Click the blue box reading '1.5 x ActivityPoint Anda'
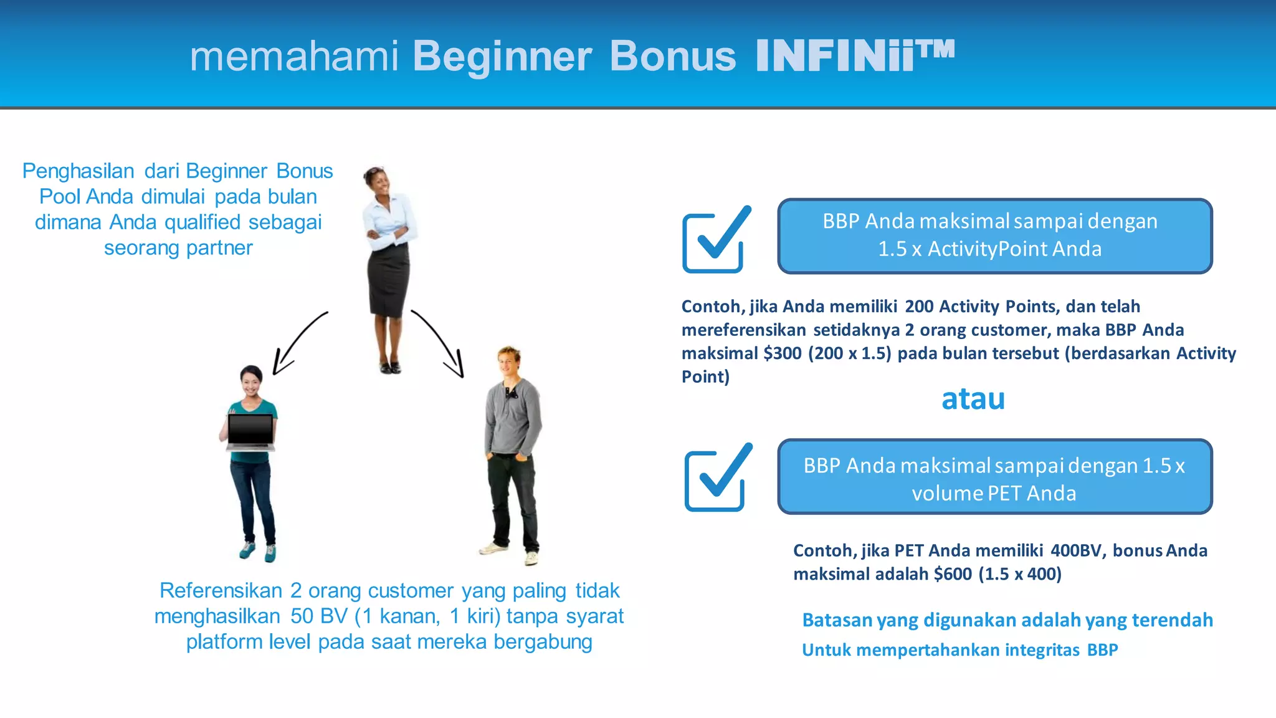(x=994, y=236)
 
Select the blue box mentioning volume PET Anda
(x=994, y=477)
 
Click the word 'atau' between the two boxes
(x=973, y=399)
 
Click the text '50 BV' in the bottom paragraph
(x=318, y=616)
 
